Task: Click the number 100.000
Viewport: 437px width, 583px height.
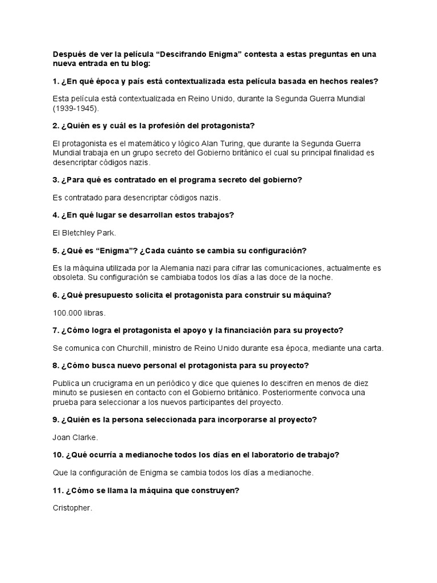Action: (67, 313)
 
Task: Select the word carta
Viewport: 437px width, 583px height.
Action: (374, 348)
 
